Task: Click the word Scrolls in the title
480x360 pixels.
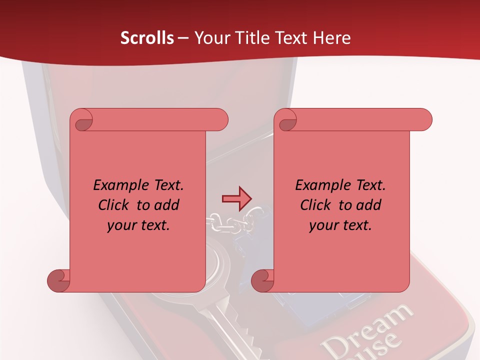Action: pos(147,38)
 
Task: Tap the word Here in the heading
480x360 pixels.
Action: pos(331,38)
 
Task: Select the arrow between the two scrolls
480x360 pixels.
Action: pos(236,198)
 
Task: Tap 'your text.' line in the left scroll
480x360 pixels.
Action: pos(138,225)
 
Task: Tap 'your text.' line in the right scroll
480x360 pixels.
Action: pos(340,225)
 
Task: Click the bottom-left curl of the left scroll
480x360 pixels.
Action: pos(59,280)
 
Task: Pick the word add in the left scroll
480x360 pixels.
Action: pos(166,205)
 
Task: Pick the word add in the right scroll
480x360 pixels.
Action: pos(368,205)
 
